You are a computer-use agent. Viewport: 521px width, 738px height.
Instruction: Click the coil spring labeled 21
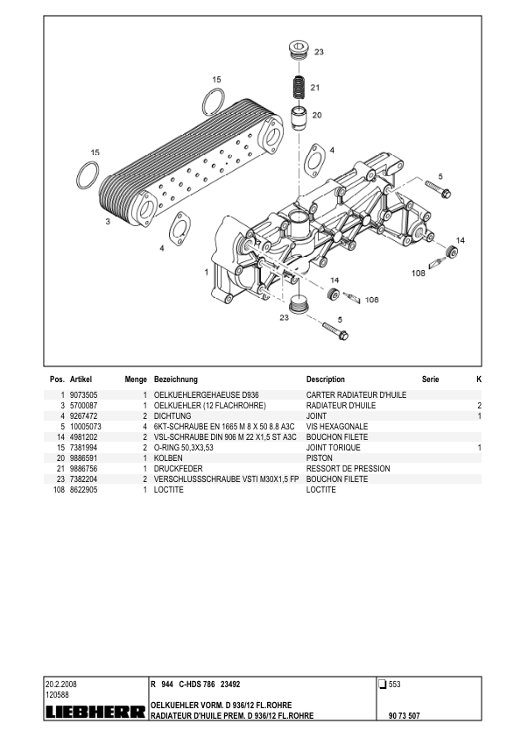[299, 88]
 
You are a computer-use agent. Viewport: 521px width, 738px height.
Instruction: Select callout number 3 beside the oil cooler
[108, 222]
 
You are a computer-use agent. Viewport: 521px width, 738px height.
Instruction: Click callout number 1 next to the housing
[206, 273]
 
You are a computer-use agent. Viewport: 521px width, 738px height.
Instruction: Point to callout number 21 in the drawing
[315, 88]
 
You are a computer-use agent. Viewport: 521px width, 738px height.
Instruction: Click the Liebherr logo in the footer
[95, 713]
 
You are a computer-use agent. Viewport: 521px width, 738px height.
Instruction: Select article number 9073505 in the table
[84, 395]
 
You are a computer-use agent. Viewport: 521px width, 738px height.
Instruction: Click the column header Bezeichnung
[175, 380]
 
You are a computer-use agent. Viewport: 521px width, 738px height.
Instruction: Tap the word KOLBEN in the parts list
[167, 458]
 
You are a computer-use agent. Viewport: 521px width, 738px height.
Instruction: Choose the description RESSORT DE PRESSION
[348, 469]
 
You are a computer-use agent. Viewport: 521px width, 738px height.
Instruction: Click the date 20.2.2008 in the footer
[63, 684]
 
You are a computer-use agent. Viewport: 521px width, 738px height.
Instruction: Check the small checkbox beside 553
[382, 684]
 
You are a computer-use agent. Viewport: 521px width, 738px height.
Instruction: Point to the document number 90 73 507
[404, 716]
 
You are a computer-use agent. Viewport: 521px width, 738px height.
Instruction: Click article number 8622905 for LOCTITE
[84, 490]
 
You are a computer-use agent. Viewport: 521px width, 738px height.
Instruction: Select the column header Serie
[430, 380]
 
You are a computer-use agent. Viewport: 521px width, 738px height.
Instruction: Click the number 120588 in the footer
[57, 694]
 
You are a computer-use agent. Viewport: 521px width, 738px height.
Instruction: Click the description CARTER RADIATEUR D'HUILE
[356, 395]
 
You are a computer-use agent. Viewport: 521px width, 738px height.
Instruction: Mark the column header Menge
[135, 380]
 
